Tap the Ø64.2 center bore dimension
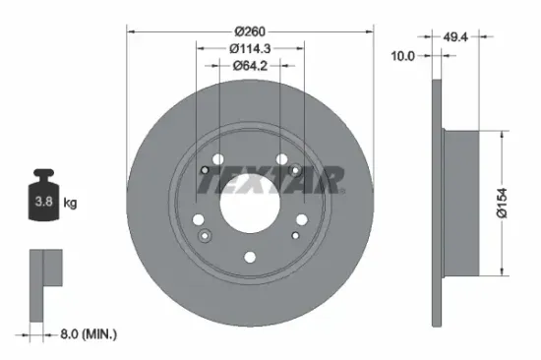coord(250,67)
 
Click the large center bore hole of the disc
coord(250,203)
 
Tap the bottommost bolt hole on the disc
coord(250,258)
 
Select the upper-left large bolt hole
coord(217,158)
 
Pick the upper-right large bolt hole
coord(282,158)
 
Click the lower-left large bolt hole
coord(199,219)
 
